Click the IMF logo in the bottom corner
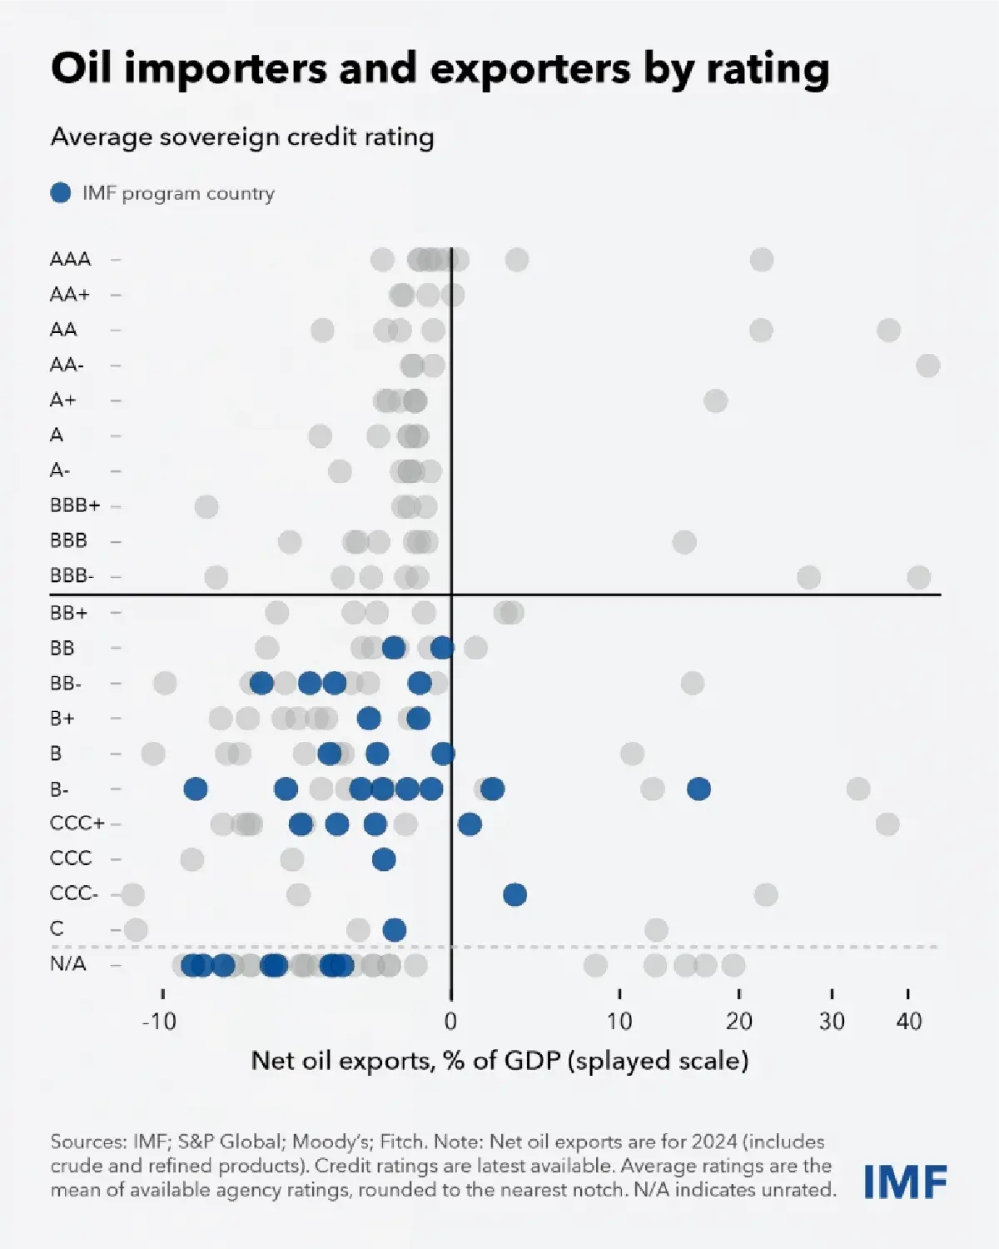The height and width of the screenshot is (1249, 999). click(905, 1182)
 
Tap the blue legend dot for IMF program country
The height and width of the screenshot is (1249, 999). click(61, 193)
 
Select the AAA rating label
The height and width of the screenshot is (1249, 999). click(70, 259)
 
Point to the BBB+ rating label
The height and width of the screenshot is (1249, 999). click(75, 505)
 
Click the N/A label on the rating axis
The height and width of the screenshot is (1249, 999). click(68, 964)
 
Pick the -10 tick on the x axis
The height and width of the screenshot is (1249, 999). click(159, 1021)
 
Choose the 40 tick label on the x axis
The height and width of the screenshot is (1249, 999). click(909, 1021)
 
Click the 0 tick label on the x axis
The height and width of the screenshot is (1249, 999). click(450, 1021)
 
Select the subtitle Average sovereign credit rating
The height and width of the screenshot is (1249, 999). click(242, 137)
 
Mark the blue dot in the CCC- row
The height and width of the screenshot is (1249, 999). click(514, 895)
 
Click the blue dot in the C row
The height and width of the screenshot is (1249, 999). click(395, 930)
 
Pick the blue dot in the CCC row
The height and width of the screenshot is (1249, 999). click(384, 859)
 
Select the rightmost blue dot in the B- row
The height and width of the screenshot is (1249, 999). click(698, 789)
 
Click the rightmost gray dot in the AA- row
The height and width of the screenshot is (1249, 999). click(927, 366)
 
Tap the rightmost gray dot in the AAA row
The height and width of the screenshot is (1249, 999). click(761, 260)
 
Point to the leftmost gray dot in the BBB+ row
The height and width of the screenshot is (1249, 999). click(206, 506)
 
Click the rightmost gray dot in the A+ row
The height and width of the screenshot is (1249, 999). click(715, 401)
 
